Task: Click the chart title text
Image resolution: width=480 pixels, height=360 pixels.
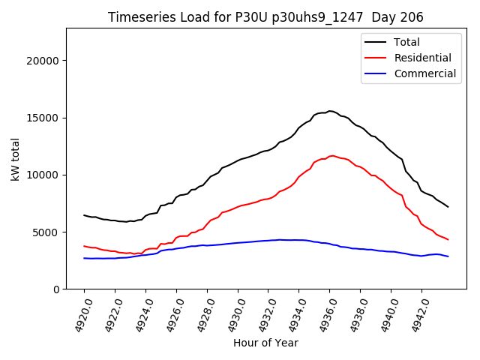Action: point(265,17)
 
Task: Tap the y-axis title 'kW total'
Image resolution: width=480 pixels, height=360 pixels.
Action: point(16,158)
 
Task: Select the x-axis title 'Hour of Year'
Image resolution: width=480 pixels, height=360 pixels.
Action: point(265,343)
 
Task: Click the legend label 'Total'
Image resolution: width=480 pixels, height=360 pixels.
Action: point(407,42)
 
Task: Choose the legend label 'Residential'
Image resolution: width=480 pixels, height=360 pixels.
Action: point(423,58)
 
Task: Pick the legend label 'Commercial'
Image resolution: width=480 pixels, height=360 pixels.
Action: point(425,73)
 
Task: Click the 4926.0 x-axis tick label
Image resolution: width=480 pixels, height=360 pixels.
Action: point(169,315)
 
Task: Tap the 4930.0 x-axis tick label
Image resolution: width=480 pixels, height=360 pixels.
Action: point(230,315)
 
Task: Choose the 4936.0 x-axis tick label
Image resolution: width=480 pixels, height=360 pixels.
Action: point(322,315)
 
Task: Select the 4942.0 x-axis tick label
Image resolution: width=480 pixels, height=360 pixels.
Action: point(414,315)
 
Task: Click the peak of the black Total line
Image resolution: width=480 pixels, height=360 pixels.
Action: point(329,111)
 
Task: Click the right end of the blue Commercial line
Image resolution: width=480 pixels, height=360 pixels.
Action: point(448,256)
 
